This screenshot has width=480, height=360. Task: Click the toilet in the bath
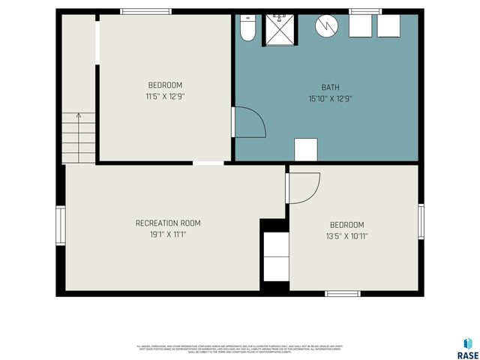pos(247,28)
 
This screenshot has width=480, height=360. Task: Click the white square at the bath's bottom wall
pos(305,149)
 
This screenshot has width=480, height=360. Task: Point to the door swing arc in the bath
pos(249,122)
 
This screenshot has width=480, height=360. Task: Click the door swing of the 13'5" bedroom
pos(304,187)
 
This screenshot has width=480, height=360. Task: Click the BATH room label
pos(330,87)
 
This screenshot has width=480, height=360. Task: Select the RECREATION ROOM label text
pos(168,223)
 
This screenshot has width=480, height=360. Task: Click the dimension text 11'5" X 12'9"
pos(165,97)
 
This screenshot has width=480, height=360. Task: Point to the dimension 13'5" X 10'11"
pos(346,236)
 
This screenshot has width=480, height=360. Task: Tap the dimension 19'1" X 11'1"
pos(168,235)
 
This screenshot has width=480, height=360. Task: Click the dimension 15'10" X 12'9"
pos(330,98)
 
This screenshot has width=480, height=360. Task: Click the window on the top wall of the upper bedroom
pos(146,11)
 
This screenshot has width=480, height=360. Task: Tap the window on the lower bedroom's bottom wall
pos(343,293)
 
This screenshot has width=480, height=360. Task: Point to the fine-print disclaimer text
pos(240,349)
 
